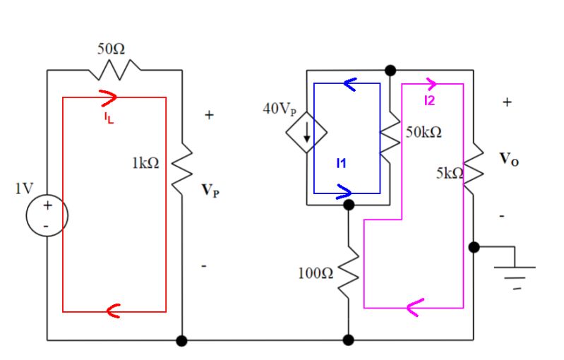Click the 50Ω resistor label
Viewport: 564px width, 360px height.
tap(111, 49)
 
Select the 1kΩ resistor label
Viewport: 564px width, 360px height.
tap(145, 162)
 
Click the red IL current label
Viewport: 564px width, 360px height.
tap(109, 118)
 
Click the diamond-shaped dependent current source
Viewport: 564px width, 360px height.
tap(306, 132)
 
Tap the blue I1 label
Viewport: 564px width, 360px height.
tap(342, 163)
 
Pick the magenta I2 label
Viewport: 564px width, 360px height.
tap(430, 101)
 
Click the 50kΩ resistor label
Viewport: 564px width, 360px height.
tap(424, 133)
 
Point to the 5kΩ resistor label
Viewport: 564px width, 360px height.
tap(449, 173)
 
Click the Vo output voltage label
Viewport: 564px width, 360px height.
tap(509, 160)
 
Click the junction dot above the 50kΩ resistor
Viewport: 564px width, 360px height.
tap(390, 70)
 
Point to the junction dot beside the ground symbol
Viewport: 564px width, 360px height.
tap(474, 247)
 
